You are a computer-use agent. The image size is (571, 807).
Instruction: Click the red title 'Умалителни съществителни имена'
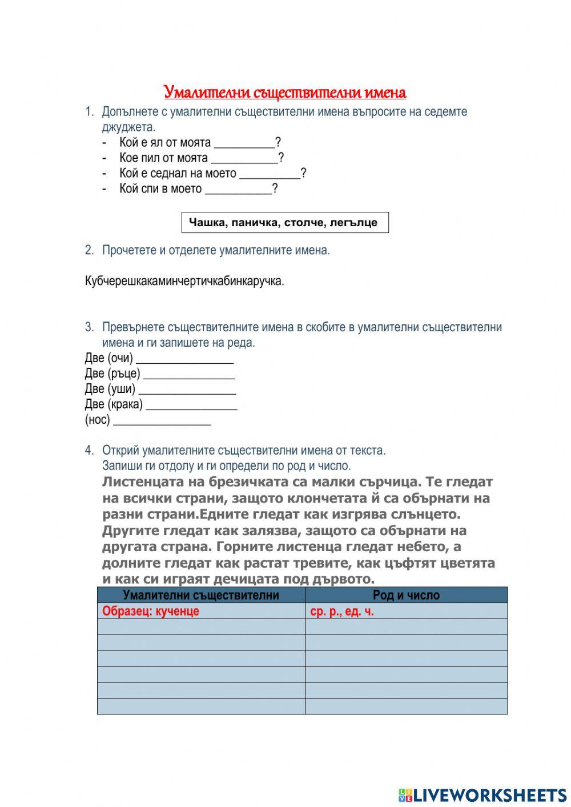(x=285, y=92)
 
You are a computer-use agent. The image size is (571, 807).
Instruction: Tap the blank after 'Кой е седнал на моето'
(x=270, y=174)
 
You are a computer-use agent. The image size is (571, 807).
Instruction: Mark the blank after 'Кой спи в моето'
(x=238, y=189)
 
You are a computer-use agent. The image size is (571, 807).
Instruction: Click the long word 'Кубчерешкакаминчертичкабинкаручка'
(x=184, y=281)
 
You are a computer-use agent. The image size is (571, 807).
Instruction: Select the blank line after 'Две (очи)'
(x=185, y=359)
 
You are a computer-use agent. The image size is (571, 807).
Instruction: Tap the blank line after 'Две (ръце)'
(x=189, y=374)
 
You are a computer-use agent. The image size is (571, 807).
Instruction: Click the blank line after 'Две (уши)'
(x=187, y=390)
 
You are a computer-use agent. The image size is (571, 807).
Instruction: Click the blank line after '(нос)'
(x=162, y=420)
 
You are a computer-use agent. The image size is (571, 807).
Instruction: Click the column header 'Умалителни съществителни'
(x=201, y=595)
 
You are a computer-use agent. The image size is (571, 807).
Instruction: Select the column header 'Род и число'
(x=406, y=595)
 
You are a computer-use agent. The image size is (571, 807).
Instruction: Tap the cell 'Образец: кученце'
(x=151, y=611)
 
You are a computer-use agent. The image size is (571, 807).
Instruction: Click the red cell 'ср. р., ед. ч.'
(x=342, y=611)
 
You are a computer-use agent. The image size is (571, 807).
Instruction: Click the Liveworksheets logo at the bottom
(x=482, y=794)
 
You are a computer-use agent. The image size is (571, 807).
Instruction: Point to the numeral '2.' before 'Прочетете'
(x=89, y=250)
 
